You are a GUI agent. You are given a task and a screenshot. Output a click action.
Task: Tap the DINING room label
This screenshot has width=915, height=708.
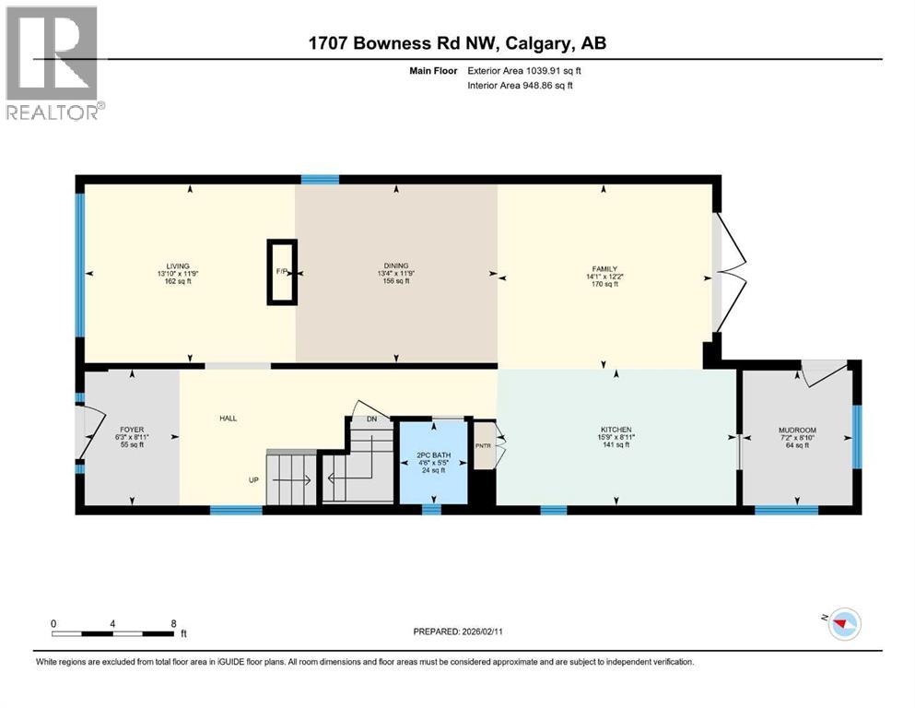coord(396,266)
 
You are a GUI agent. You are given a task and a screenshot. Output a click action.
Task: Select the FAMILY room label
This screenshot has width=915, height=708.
coord(604,269)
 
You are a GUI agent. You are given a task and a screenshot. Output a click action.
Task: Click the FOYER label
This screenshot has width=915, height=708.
coord(129,429)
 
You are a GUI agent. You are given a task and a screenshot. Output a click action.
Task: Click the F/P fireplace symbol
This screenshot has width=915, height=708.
coord(282,272)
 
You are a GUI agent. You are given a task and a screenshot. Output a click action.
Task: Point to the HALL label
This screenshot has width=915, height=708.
coord(228,419)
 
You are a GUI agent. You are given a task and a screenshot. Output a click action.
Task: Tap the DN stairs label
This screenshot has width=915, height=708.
coord(372,419)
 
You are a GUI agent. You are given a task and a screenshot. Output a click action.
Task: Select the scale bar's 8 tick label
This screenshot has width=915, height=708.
coord(173,623)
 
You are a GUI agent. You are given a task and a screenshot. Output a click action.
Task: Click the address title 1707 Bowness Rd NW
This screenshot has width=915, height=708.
coord(456,43)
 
